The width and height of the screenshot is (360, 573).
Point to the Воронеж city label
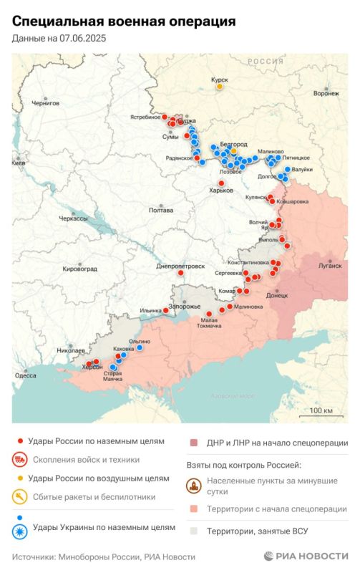[x=326, y=93]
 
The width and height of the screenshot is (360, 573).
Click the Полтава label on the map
[x=160, y=210]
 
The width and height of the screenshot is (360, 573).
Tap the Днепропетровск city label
[x=180, y=266]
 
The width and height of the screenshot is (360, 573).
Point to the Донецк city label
[x=276, y=294]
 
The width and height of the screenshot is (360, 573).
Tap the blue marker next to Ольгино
[x=140, y=348]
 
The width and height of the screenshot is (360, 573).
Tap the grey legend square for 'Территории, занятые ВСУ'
[x=194, y=531]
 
